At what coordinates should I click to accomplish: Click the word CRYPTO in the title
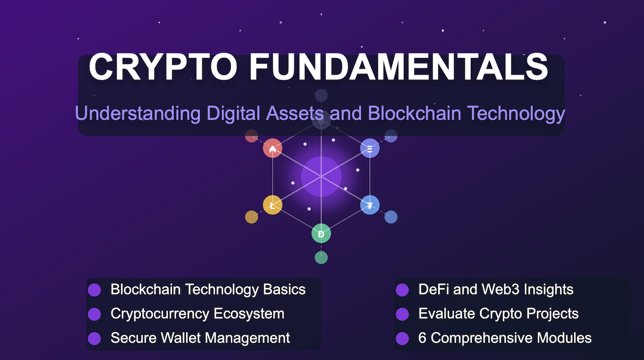pos(163,67)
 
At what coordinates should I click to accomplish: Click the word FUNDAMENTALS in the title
pos(399,67)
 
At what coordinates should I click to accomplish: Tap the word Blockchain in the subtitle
pos(414,113)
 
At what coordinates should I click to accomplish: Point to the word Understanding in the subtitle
pos(138,113)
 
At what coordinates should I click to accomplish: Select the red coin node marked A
pos(273,148)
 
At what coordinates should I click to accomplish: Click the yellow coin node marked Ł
pos(273,205)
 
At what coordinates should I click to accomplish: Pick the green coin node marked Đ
pos(321,233)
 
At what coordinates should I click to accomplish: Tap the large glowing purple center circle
pos(321,177)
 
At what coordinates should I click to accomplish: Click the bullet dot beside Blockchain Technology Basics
pos(94,290)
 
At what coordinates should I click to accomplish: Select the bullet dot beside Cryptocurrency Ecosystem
pos(94,314)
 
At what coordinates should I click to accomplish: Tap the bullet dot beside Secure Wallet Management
pos(94,339)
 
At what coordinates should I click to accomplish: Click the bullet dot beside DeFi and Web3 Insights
pos(402,290)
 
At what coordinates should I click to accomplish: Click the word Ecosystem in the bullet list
pos(249,314)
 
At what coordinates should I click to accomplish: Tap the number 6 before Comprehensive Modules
pos(422,338)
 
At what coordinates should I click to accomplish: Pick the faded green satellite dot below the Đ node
pos(321,258)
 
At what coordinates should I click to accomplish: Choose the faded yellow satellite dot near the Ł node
pos(251,217)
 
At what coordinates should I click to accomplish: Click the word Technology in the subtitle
pos(516,114)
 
